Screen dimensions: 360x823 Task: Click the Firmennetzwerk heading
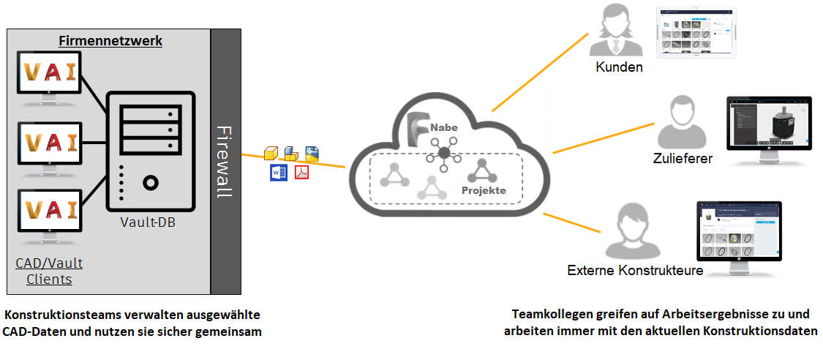pyautogui.click(x=110, y=41)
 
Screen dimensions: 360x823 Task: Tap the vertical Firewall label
pyautogui.click(x=225, y=162)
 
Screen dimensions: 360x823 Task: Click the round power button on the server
pyautogui.click(x=151, y=182)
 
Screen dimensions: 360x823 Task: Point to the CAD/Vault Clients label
pyautogui.click(x=49, y=271)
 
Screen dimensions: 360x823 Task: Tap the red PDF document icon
pyautogui.click(x=302, y=173)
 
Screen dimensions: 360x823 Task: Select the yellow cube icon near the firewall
pyautogui.click(x=271, y=153)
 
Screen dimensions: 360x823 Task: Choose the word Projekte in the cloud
pyautogui.click(x=484, y=190)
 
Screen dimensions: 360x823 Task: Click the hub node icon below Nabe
pyautogui.click(x=443, y=153)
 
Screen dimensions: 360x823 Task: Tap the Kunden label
pyautogui.click(x=619, y=67)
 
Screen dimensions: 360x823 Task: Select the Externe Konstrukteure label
pyautogui.click(x=635, y=271)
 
